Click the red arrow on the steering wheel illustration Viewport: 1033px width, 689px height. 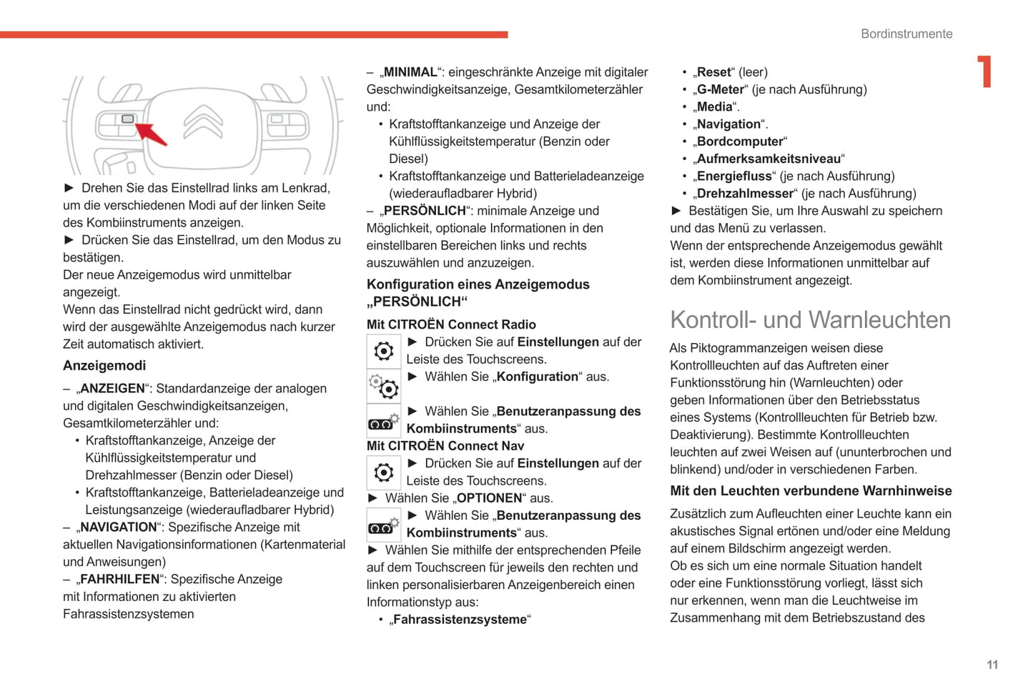pos(152,134)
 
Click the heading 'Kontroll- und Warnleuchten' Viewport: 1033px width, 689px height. pos(810,319)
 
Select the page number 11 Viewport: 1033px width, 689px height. pos(992,665)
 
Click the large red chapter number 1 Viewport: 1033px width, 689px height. pos(985,71)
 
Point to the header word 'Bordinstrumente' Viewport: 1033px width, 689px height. pos(906,34)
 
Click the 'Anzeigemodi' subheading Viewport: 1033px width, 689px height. pos(104,365)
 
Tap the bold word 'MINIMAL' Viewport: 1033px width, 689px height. pos(410,72)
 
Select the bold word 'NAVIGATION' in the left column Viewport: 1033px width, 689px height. pos(119,527)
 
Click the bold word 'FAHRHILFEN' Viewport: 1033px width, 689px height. pos(119,579)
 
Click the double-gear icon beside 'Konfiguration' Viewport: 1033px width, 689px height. pos(384,386)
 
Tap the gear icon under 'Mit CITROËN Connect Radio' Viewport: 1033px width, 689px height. pos(384,351)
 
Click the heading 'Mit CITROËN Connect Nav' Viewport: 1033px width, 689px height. pos(445,446)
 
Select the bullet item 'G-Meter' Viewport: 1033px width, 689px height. pos(720,89)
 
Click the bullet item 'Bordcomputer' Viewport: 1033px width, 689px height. pos(740,142)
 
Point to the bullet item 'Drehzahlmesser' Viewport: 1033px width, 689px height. pos(745,194)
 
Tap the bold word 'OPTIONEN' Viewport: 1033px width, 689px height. pos(489,498)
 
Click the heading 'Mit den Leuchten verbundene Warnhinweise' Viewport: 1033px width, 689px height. pos(811,491)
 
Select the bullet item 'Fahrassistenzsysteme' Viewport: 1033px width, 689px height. pos(460,620)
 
